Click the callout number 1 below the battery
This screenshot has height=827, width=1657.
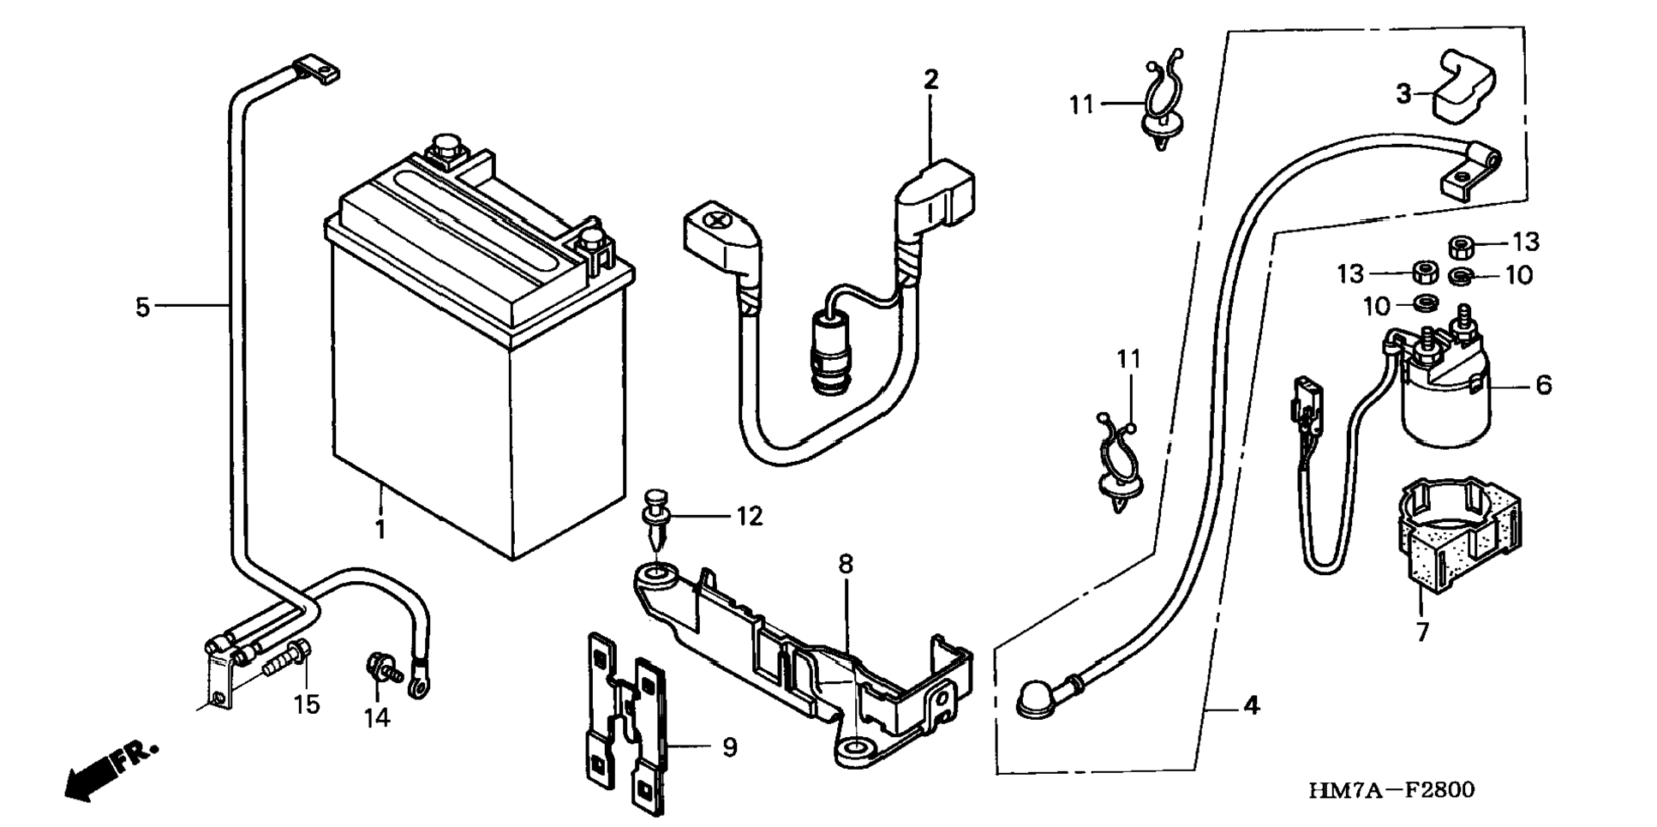380,530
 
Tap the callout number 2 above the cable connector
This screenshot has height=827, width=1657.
930,80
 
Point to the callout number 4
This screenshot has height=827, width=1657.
1251,706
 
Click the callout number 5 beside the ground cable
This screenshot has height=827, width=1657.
142,306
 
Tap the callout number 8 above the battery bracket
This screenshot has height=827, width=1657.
846,564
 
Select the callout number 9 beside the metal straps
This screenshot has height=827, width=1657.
729,747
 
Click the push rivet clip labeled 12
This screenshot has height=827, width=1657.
657,518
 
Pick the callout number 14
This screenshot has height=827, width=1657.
377,717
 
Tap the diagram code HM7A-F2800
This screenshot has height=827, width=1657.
1391,789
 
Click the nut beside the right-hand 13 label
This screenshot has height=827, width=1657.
1461,247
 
